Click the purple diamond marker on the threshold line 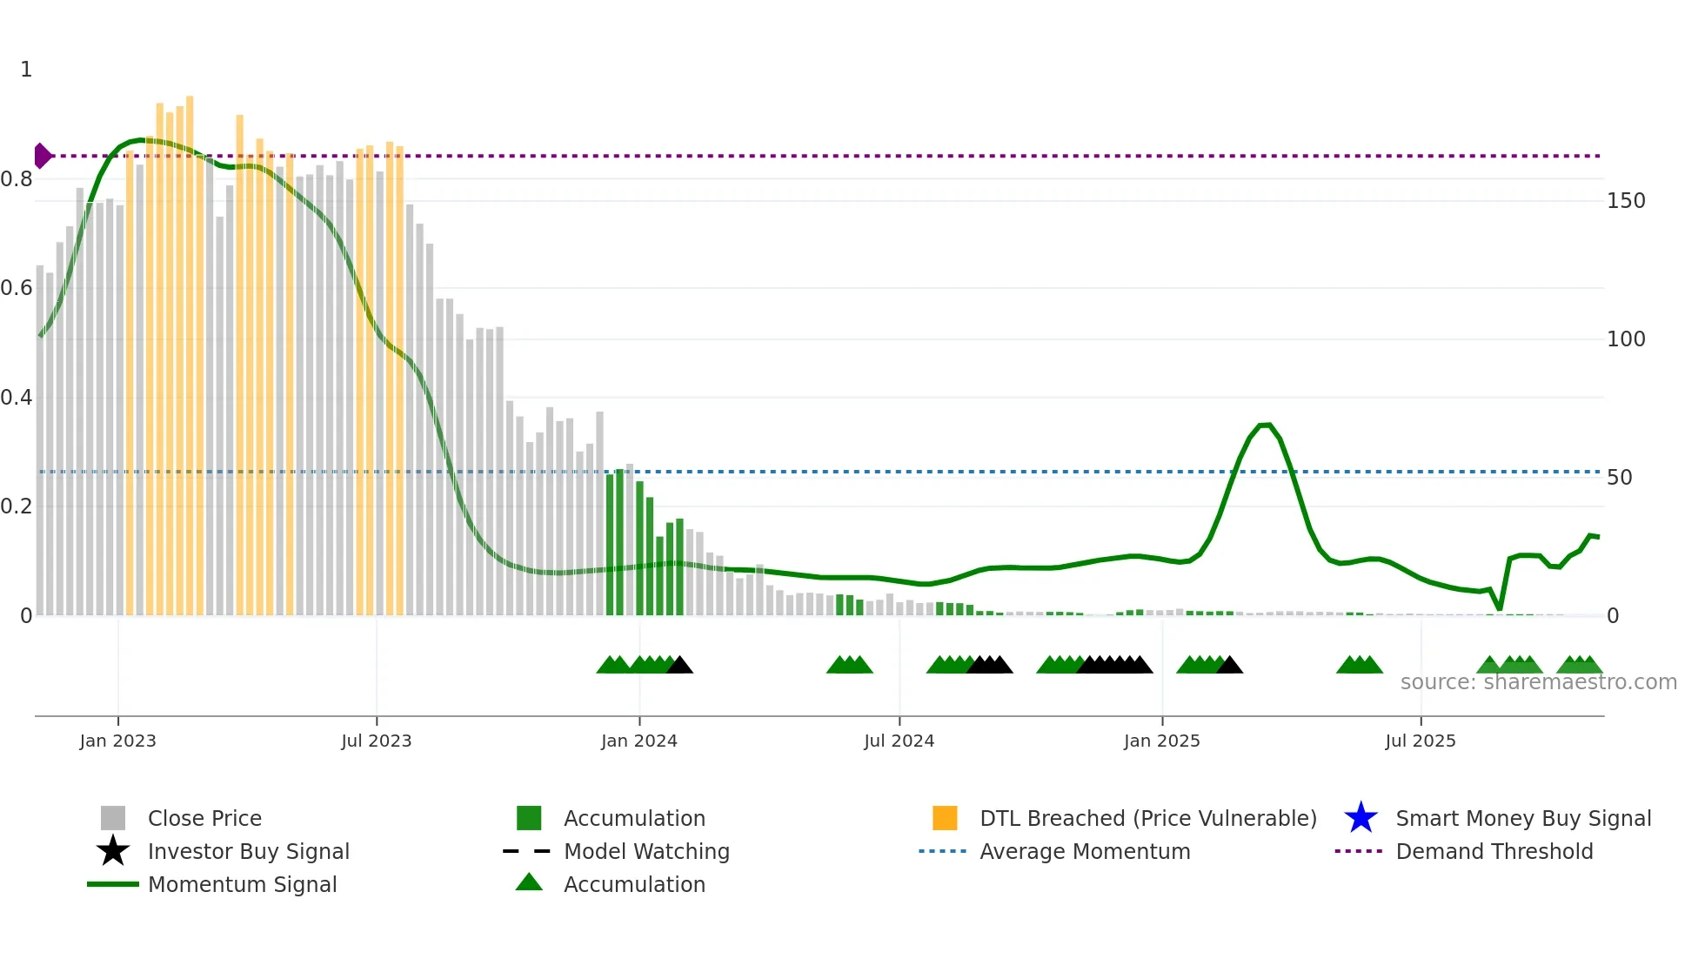point(42,156)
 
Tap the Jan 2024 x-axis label point(639,741)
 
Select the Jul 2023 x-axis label point(376,741)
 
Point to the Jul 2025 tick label point(1420,741)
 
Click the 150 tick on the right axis point(1625,201)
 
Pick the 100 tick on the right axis point(1625,339)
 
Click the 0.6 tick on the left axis point(17,288)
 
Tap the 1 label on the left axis point(26,70)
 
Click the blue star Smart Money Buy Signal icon point(1361,818)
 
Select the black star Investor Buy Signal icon point(113,851)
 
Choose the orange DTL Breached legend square point(945,818)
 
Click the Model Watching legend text point(646,851)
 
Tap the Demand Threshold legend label point(1494,851)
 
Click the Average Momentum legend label point(1085,851)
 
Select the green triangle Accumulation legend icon point(529,882)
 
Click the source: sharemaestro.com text point(1538,682)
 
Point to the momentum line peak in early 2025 point(1266,425)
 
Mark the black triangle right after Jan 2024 point(679,666)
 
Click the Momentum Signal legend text point(242,884)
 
